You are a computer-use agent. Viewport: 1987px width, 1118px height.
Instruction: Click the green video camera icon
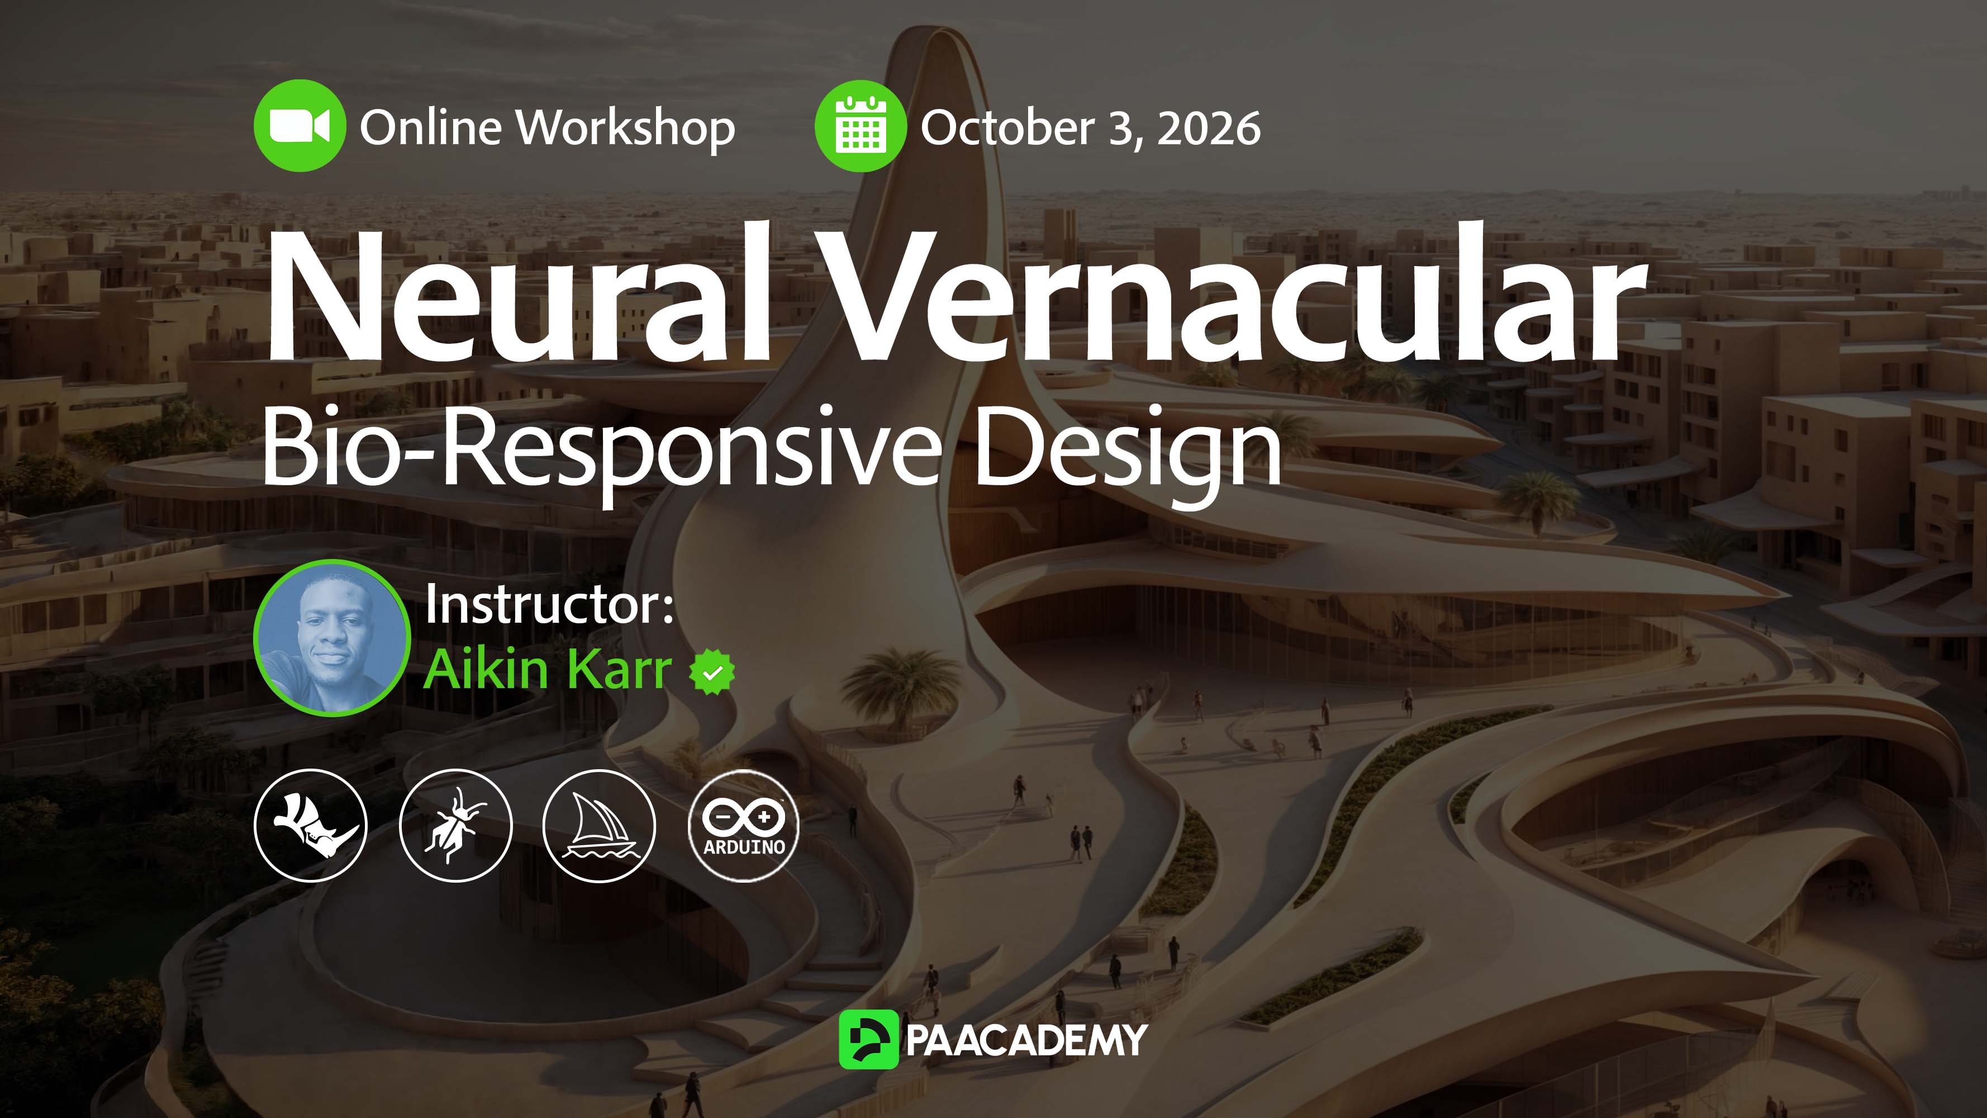pos(300,126)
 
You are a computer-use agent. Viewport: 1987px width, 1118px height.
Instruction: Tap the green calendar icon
pos(861,126)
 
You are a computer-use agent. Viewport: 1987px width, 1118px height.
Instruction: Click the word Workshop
pos(626,128)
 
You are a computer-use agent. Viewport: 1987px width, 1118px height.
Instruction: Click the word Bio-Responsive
pos(602,448)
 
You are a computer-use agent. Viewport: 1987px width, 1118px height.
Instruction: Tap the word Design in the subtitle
pos(1128,451)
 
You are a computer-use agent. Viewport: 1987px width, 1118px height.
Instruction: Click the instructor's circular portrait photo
pos(332,637)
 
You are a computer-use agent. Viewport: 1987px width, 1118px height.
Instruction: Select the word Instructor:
pos(550,604)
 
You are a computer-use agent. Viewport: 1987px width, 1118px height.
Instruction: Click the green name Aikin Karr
pos(548,669)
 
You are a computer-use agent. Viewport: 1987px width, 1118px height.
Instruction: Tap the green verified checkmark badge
pos(712,672)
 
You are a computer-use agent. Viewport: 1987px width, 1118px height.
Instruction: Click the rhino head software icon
pos(311,826)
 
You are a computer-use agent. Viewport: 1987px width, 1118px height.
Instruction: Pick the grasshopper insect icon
pos(455,826)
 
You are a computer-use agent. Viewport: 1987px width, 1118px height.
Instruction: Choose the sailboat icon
pos(600,826)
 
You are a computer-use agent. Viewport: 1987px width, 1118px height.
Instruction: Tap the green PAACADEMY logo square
pos(868,1039)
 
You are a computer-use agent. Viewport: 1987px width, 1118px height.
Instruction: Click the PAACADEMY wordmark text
pos(1026,1040)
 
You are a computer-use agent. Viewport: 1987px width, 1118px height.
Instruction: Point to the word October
pos(1007,128)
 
